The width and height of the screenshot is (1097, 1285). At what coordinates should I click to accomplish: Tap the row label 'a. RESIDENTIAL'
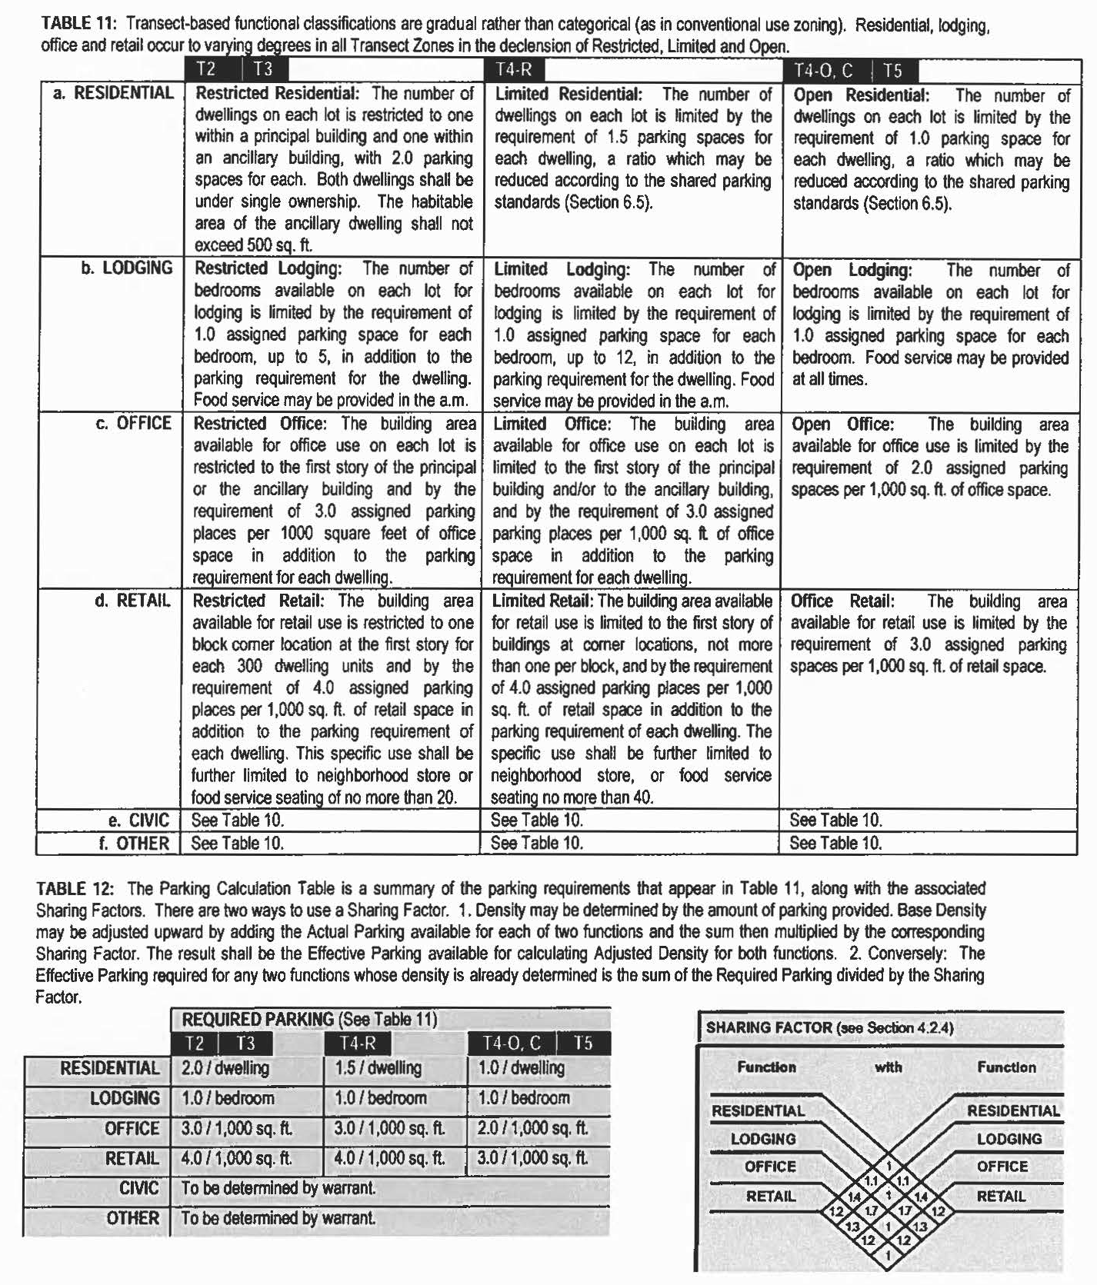[x=114, y=93]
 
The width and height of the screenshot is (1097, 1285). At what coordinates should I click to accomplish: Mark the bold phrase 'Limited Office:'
[x=552, y=424]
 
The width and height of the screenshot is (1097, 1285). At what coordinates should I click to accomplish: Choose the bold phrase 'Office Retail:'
[x=842, y=601]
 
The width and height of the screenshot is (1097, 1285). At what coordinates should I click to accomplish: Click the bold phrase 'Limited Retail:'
[x=542, y=601]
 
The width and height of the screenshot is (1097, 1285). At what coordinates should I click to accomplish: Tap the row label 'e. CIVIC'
[x=138, y=820]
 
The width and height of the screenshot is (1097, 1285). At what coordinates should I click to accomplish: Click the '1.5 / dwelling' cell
[x=378, y=1068]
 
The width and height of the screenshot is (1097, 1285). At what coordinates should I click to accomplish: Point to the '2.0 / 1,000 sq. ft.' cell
[x=532, y=1128]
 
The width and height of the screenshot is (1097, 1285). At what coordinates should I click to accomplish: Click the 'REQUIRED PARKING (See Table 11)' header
[x=309, y=1020]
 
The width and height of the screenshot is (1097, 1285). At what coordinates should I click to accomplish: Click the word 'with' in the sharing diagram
[x=888, y=1067]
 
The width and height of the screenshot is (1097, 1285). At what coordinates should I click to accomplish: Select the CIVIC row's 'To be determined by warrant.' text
[x=278, y=1188]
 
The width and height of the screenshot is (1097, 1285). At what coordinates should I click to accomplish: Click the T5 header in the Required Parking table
[x=583, y=1044]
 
